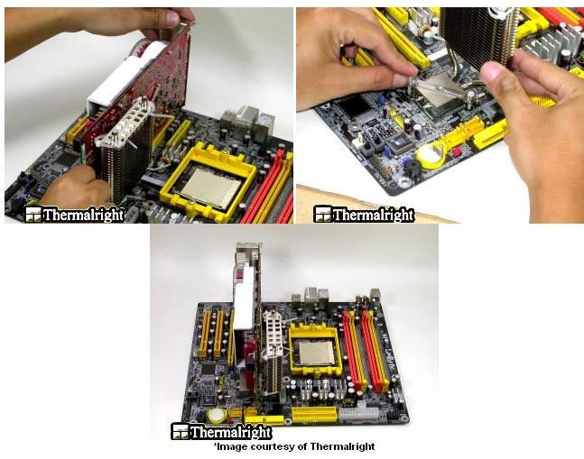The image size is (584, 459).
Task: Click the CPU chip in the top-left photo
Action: (210, 187)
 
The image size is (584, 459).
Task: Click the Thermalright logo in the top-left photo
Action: (75, 215)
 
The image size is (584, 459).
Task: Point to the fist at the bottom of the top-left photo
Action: (77, 186)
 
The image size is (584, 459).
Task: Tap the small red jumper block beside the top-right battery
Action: (457, 151)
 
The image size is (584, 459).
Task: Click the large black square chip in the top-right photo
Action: (354, 104)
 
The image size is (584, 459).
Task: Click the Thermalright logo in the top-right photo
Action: (364, 215)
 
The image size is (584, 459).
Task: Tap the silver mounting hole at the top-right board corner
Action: (404, 182)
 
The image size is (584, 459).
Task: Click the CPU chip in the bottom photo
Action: (316, 352)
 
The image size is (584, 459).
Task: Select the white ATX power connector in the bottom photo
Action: (358, 414)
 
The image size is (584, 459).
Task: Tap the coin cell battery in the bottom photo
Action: (216, 415)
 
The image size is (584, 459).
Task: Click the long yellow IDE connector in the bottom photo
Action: (315, 414)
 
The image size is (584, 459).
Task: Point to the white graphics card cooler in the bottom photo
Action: (244, 298)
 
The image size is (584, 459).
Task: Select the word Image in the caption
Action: (228, 446)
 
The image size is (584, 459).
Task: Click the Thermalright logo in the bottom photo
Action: (222, 432)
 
